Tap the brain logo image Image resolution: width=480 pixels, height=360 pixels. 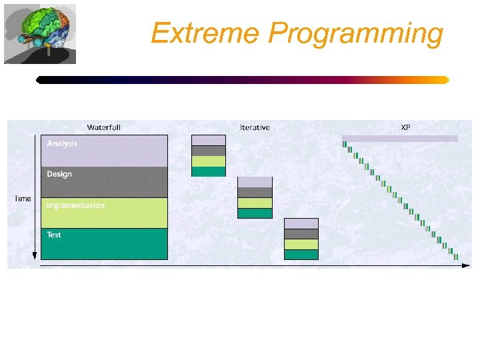[40, 33]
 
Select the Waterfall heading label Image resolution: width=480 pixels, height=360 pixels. [103, 127]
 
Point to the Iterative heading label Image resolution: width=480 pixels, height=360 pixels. [255, 127]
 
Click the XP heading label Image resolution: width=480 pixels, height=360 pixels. [405, 127]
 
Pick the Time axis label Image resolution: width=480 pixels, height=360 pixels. [23, 199]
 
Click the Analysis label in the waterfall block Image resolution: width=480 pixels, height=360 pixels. [62, 143]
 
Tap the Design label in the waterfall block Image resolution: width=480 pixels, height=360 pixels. [59, 174]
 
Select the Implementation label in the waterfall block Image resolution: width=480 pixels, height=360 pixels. [75, 205]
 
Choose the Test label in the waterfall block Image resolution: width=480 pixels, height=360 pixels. [54, 235]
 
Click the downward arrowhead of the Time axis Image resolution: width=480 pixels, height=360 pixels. [35, 256]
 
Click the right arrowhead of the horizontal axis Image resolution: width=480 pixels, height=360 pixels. [465, 265]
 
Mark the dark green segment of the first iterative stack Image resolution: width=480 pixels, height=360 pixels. [209, 171]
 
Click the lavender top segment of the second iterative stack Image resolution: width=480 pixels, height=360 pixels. [255, 182]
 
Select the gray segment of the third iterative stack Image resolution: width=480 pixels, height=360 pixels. [301, 234]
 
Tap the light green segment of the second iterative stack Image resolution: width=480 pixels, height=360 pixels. [255, 203]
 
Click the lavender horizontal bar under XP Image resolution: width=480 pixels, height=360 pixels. [400, 139]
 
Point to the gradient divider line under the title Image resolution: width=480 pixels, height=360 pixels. [242, 80]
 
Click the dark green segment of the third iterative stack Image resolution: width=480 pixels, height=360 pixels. [301, 255]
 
